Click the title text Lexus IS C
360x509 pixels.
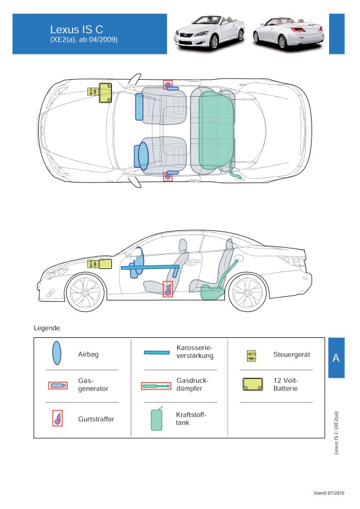tap(76, 30)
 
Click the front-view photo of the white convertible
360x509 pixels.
tap(209, 33)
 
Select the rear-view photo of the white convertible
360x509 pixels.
tap(289, 33)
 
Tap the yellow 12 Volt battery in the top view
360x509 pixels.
tap(105, 92)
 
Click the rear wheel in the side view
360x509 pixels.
tap(247, 292)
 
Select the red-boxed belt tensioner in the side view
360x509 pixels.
tap(168, 289)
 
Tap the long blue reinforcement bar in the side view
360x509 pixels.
tap(150, 267)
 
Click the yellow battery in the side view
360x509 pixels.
tap(105, 264)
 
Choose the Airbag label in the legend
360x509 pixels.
tap(88, 354)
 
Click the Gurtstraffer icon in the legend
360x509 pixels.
tap(57, 418)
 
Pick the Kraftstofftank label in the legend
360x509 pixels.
tap(191, 419)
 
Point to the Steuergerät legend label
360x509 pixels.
tap(292, 354)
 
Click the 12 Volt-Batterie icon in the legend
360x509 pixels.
tap(253, 384)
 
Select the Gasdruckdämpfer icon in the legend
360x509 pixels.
tap(156, 386)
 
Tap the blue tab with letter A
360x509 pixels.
tap(336, 358)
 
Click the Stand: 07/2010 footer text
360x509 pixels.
tap(329, 493)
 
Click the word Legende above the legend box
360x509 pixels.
tap(47, 328)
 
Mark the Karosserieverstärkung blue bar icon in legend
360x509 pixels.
tap(157, 352)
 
